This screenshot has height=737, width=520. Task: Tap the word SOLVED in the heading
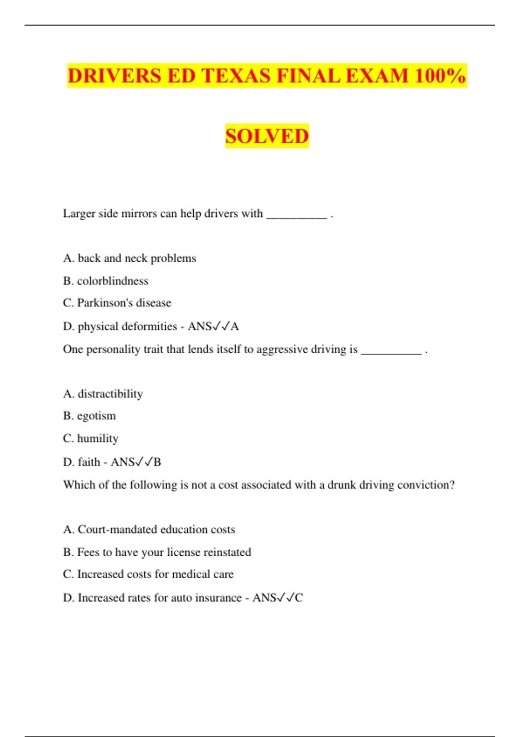[267, 136]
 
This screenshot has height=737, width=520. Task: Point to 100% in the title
[440, 76]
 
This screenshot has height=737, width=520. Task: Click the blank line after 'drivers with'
[296, 215]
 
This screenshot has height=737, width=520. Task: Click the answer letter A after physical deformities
[235, 326]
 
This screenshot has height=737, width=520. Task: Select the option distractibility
[110, 394]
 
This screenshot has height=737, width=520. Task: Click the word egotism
[96, 416]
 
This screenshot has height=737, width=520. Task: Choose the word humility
[97, 438]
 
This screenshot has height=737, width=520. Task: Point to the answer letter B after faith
[157, 462]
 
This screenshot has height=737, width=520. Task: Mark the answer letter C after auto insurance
[299, 598]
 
